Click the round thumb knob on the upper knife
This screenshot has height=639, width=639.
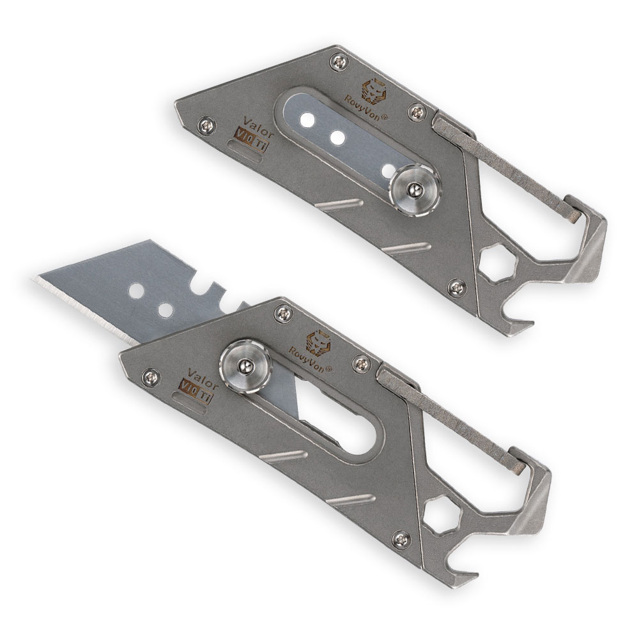(x=414, y=189)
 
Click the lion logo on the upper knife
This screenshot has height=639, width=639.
(x=374, y=91)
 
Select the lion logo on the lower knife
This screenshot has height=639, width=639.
(x=319, y=343)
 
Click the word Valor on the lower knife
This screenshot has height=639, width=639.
(x=203, y=378)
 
